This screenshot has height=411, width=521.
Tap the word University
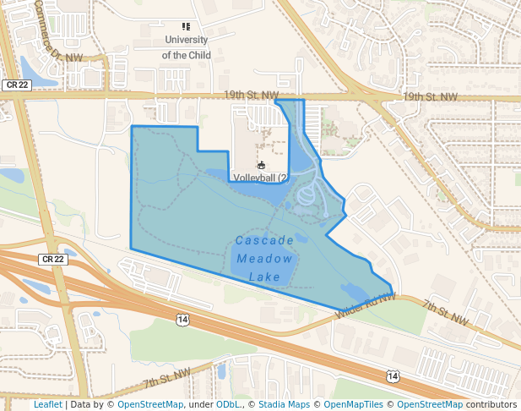[187, 40]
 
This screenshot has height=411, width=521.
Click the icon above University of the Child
[186, 27]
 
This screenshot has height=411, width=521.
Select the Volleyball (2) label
[261, 178]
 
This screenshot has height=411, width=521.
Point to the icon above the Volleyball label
[261, 166]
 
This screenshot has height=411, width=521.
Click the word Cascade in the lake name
[265, 240]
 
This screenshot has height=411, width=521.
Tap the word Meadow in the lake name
[265, 259]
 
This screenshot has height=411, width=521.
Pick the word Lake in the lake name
[265, 277]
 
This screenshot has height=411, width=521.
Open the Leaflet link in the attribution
[48, 404]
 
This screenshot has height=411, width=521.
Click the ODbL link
[229, 404]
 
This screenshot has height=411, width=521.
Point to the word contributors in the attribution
[491, 404]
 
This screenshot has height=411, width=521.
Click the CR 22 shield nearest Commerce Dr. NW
[16, 85]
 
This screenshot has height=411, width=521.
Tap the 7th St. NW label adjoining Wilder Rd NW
[445, 313]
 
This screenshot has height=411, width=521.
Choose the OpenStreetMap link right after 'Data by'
[150, 404]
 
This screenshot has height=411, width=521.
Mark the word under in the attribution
[201, 404]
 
